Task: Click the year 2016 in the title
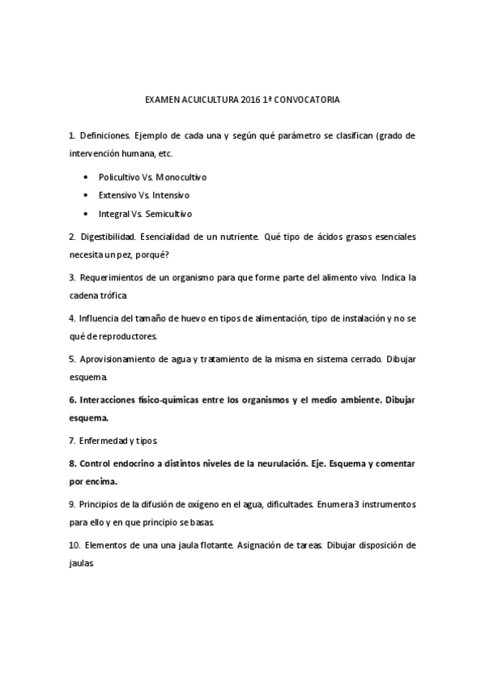click(x=251, y=101)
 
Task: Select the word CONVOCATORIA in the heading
click(x=310, y=101)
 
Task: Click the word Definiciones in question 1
click(x=104, y=135)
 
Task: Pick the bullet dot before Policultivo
click(x=87, y=176)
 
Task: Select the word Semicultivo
click(x=169, y=215)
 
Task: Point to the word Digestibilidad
click(x=108, y=237)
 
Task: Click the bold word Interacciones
click(x=111, y=400)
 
